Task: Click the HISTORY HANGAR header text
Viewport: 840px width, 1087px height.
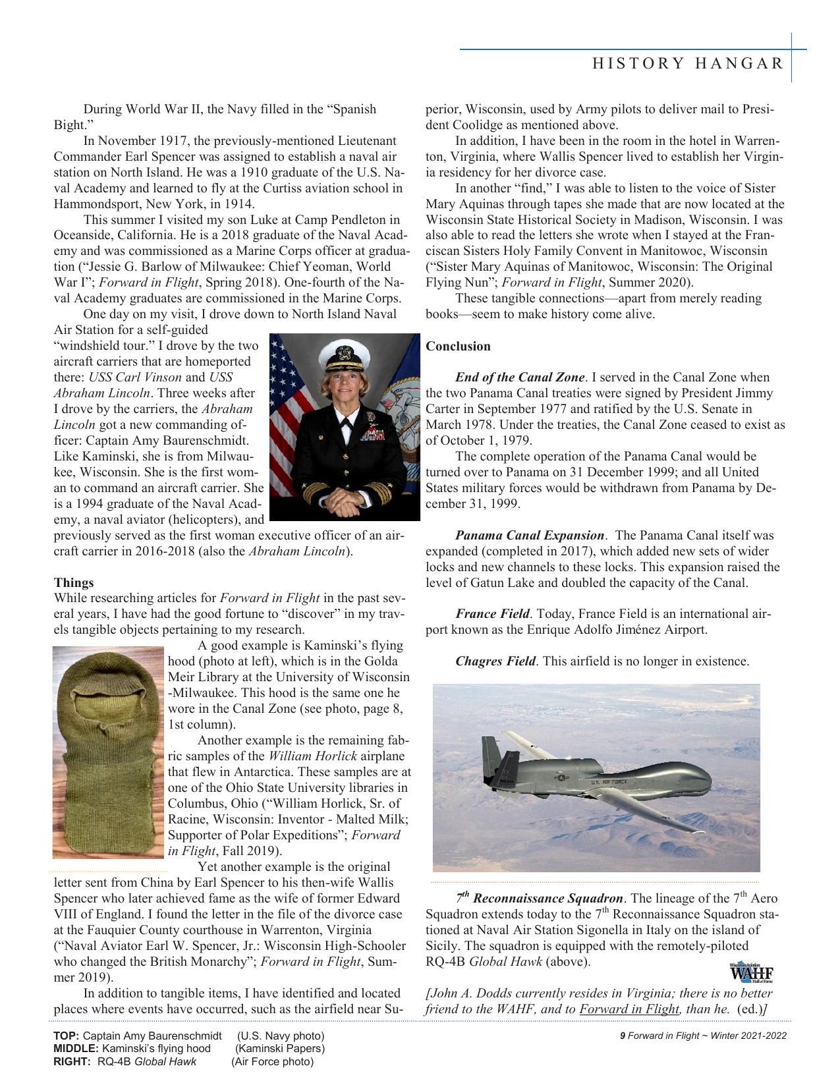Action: pos(688,64)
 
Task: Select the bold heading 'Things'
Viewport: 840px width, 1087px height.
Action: pos(74,582)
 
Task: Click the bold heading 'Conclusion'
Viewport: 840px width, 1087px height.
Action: pos(458,346)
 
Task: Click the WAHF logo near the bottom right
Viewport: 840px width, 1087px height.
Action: pos(750,972)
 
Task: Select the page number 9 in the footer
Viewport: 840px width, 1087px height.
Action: pos(622,1035)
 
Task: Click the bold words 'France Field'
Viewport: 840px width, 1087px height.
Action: pos(492,614)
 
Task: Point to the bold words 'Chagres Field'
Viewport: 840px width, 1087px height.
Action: pos(495,661)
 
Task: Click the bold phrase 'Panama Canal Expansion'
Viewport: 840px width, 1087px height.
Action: pos(529,535)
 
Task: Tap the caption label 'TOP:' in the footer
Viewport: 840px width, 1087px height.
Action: pos(66,1036)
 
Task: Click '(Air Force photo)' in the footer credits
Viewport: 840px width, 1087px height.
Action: pos(272,1061)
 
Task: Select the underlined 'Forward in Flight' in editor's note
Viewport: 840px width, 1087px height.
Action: pos(629,1009)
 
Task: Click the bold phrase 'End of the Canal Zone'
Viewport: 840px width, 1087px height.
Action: pos(519,377)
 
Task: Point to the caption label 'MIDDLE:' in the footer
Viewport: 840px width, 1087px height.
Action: pos(74,1048)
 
